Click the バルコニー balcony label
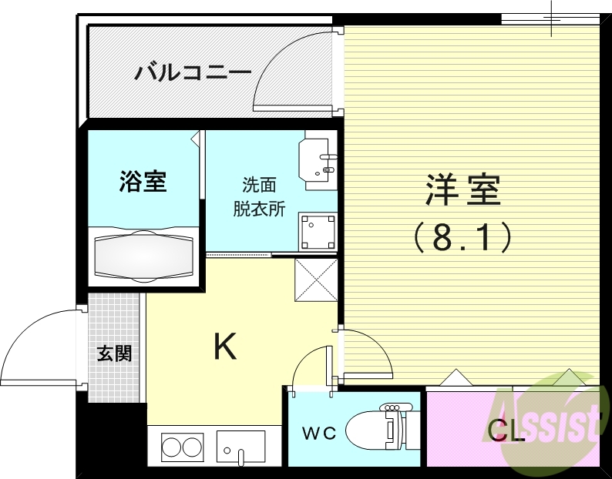coord(193,73)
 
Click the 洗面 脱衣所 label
coord(259,197)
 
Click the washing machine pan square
coord(318,229)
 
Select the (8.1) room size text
coord(463,237)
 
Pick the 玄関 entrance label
coord(114,353)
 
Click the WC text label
coord(318,434)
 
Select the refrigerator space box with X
coord(316,280)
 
